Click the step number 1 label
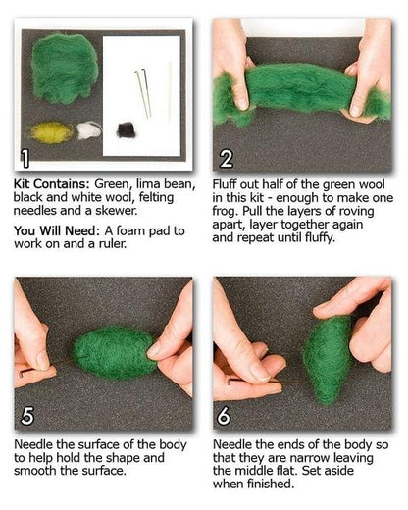point(25,159)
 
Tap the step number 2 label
point(227,159)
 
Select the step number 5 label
point(27,416)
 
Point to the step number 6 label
point(225,416)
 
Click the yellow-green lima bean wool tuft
point(52,132)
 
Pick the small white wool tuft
point(89,130)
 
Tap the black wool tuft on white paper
point(126,130)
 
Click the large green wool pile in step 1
point(65,70)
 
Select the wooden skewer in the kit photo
point(170,90)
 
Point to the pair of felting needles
point(143,93)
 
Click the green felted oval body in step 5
point(114,352)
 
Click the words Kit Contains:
point(51,184)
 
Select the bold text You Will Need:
point(57,230)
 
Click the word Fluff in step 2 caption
point(225,184)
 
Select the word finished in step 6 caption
point(271,484)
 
